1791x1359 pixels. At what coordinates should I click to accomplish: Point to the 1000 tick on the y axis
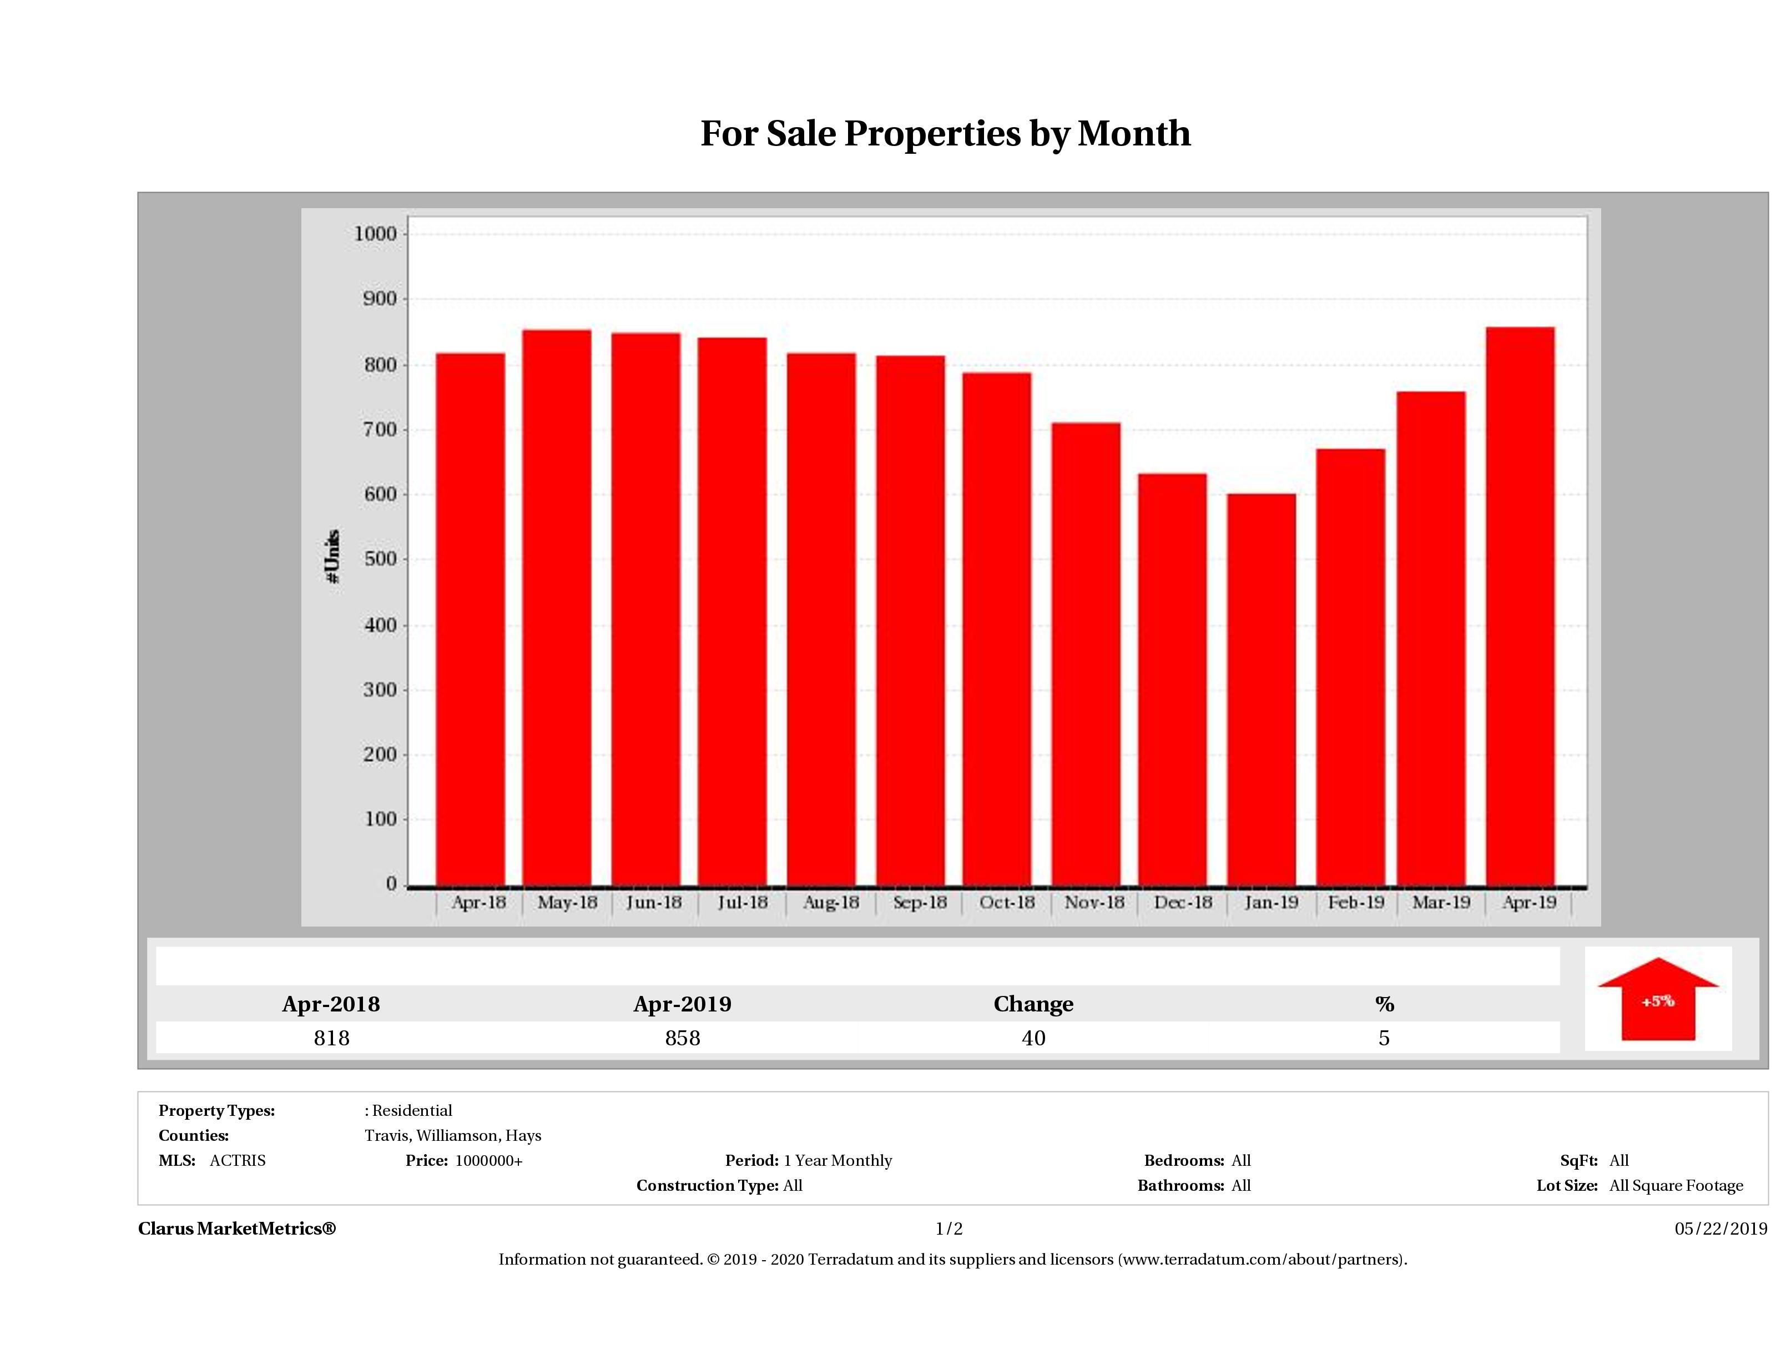(376, 234)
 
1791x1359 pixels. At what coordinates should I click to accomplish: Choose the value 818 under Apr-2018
(331, 1038)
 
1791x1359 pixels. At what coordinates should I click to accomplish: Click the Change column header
(1033, 1004)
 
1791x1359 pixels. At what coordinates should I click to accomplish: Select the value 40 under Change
(1033, 1038)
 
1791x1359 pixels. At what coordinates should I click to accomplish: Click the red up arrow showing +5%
(1657, 1000)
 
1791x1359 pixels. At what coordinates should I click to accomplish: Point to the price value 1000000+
(488, 1161)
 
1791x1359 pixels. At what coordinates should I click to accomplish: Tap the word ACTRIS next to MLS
(237, 1161)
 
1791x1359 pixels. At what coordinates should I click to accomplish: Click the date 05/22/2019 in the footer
(1721, 1229)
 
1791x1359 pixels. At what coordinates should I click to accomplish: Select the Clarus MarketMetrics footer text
(236, 1229)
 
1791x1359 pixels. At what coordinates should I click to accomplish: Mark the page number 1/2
(949, 1229)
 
